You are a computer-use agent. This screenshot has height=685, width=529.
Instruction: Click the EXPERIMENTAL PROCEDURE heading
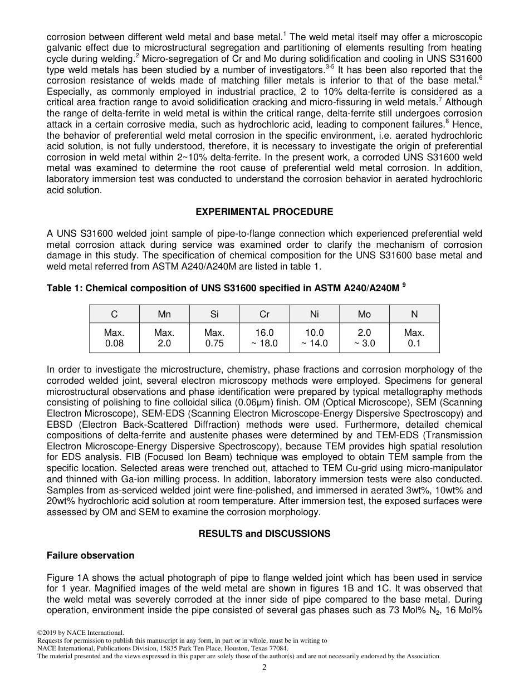pyautogui.click(x=264, y=212)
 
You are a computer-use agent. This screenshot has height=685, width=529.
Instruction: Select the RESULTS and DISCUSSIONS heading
pyautogui.click(x=264, y=534)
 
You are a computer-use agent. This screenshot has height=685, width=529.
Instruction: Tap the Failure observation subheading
pyautogui.click(x=90, y=555)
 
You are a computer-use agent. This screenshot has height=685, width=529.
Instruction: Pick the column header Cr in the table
pyautogui.click(x=264, y=314)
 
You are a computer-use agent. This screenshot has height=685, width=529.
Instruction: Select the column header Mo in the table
pyautogui.click(x=364, y=314)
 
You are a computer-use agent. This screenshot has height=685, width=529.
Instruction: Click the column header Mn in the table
pyautogui.click(x=164, y=314)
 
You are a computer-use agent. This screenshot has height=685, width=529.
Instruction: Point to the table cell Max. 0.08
pyautogui.click(x=114, y=337)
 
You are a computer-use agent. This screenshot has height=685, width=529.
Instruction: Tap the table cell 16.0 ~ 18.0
pyautogui.click(x=264, y=337)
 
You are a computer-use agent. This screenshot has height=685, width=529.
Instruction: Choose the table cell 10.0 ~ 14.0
pyautogui.click(x=314, y=337)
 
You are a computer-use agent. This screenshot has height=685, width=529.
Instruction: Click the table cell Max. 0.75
pyautogui.click(x=214, y=337)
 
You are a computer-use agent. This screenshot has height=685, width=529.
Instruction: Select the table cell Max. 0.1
pyautogui.click(x=414, y=337)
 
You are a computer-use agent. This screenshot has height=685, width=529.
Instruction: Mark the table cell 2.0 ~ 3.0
pyautogui.click(x=364, y=337)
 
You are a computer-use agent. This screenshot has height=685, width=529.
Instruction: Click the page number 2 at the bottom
pyautogui.click(x=264, y=668)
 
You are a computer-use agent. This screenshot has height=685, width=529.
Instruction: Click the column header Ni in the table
pyautogui.click(x=314, y=314)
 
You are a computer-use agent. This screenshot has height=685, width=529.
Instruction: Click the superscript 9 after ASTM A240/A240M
pyautogui.click(x=404, y=286)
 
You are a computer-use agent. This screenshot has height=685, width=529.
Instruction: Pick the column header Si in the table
pyautogui.click(x=214, y=314)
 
